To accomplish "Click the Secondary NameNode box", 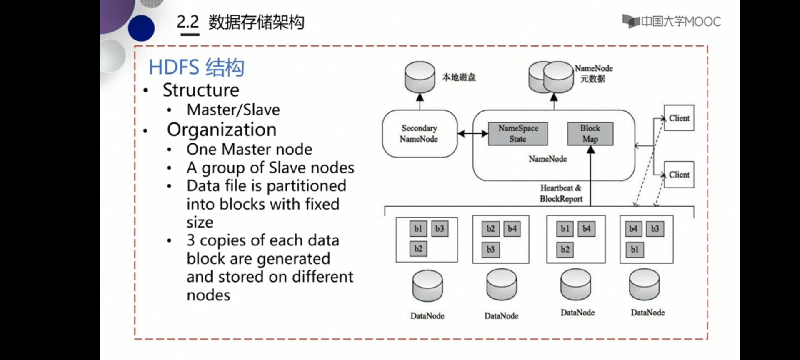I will point(419,134).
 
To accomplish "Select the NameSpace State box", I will point(518,134).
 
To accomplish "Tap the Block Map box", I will point(590,134).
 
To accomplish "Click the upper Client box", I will point(679,118).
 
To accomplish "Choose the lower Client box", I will point(679,175).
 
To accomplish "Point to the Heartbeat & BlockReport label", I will point(561,193).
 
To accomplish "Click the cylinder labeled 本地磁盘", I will point(420,77).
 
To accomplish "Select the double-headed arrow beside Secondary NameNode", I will point(473,134).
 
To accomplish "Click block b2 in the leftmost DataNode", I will point(418,249).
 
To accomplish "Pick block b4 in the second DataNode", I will point(512,229).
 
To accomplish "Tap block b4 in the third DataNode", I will point(586,229).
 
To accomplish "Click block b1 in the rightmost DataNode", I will point(634,250).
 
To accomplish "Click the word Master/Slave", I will point(233,110).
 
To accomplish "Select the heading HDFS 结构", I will point(196,67).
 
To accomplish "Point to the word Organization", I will point(222,130).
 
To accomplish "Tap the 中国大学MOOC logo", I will point(672,21).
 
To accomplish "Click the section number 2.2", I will point(188,22).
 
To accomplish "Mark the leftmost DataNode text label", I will point(427,316).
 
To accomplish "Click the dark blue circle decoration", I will point(141,28).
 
